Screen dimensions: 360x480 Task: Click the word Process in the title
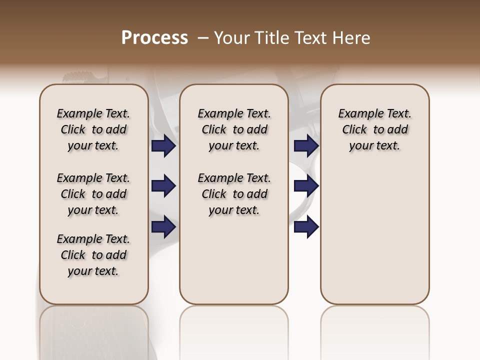pyautogui.click(x=154, y=38)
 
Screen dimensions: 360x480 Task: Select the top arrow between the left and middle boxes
pyautogui.click(x=163, y=146)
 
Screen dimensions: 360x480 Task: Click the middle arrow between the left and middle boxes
pyautogui.click(x=163, y=186)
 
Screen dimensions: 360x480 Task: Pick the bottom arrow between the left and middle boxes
pyautogui.click(x=163, y=227)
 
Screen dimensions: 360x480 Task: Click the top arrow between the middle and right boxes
pyautogui.click(x=306, y=146)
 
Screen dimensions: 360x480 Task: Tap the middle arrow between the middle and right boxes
pyautogui.click(x=306, y=186)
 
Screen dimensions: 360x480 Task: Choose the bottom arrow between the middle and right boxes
pyautogui.click(x=306, y=227)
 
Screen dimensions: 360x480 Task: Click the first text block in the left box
pyautogui.click(x=93, y=129)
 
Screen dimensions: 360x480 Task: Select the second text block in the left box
pyautogui.click(x=93, y=194)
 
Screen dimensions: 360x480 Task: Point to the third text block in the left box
pyautogui.click(x=93, y=255)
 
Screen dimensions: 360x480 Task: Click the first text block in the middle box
pyautogui.click(x=234, y=129)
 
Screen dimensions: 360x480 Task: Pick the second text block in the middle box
pyautogui.click(x=234, y=194)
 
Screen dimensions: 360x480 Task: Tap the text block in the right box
pyautogui.click(x=374, y=129)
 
